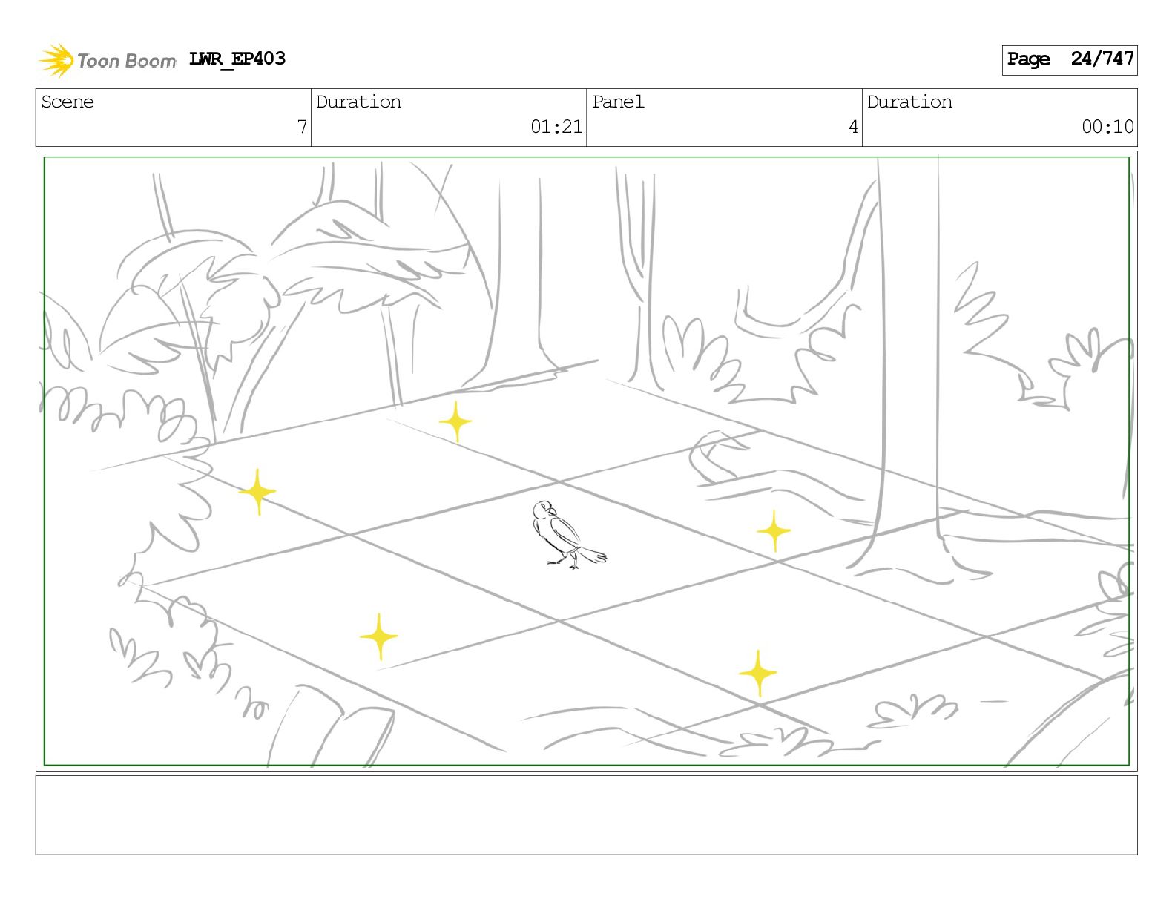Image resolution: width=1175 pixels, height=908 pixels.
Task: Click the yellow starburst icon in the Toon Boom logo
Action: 56,61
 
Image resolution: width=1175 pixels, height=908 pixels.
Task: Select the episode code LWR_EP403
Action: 237,59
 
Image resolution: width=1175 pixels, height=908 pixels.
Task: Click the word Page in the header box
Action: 1028,59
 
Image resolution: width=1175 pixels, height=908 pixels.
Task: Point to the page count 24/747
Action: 1102,59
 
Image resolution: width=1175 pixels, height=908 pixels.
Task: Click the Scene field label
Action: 68,102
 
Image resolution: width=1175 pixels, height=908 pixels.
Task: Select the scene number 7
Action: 302,127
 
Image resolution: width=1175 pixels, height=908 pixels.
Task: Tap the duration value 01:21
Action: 556,127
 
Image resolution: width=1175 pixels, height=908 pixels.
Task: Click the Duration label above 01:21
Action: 358,102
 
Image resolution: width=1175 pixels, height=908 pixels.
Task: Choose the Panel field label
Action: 618,102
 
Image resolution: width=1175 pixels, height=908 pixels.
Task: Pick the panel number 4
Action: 853,127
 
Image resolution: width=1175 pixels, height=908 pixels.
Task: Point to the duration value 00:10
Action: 1107,127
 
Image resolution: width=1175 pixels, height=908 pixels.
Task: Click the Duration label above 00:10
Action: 909,102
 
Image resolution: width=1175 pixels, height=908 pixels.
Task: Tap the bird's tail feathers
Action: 593,554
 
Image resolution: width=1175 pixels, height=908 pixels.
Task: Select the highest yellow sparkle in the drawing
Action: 456,422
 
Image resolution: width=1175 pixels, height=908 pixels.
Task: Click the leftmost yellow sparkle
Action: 257,492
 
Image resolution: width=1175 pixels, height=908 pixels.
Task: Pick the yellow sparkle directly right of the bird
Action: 774,531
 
